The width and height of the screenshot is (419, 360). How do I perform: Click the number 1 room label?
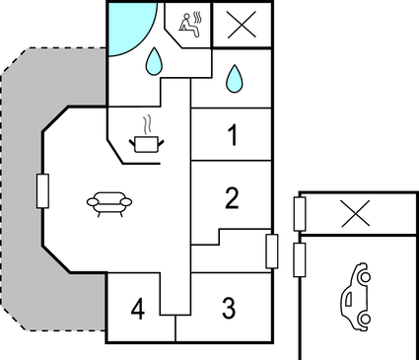[x=233, y=136]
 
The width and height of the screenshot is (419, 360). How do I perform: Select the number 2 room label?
[x=233, y=199]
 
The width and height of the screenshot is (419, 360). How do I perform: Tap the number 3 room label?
[x=228, y=309]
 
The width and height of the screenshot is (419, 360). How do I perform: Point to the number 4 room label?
[x=138, y=310]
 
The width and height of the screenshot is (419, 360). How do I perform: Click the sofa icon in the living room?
[x=111, y=202]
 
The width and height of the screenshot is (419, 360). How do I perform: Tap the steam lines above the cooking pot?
[x=146, y=125]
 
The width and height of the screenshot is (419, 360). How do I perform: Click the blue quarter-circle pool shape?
[x=129, y=24]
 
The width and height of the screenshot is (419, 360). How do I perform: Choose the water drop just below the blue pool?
[x=153, y=63]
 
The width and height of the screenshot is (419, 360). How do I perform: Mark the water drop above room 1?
[x=235, y=77]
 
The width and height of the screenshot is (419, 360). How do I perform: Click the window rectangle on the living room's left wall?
[x=43, y=190]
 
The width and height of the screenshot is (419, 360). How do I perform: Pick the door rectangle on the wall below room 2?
[x=272, y=251]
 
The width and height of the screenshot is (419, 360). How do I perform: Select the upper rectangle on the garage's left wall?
[x=300, y=213]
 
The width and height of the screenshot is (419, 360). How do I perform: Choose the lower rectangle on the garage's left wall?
[x=300, y=260]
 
